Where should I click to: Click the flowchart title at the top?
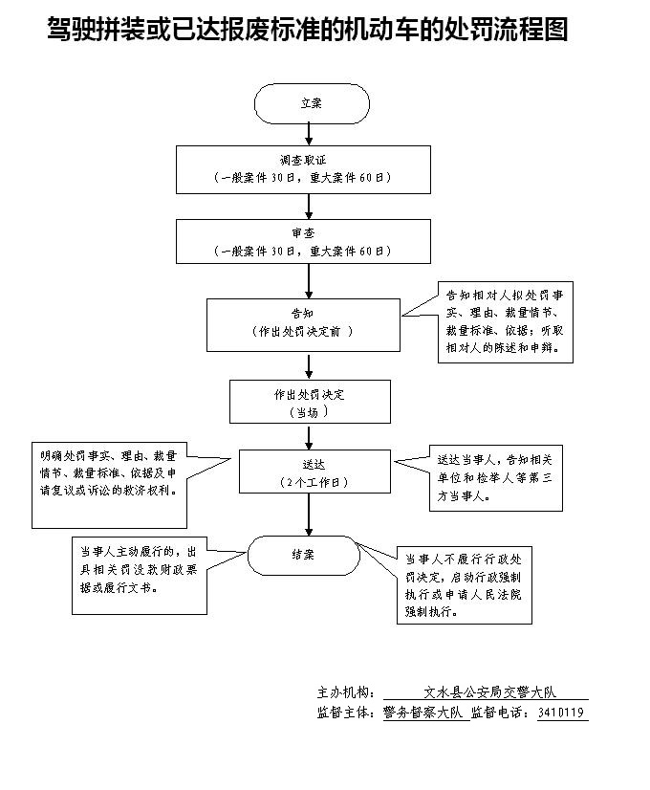click(x=307, y=31)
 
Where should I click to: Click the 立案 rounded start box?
click(x=311, y=104)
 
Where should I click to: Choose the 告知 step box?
click(x=303, y=323)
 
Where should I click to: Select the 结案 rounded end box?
click(x=303, y=555)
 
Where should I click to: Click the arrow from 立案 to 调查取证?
click(x=309, y=134)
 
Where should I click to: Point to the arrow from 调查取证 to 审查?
click(x=309, y=206)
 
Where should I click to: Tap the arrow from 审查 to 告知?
click(x=309, y=281)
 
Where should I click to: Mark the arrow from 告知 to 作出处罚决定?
click(x=309, y=365)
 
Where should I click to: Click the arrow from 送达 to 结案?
click(x=309, y=516)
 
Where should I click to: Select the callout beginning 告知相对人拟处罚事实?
click(x=507, y=322)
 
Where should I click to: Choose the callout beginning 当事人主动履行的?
click(x=140, y=574)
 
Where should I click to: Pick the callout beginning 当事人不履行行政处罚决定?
click(x=465, y=585)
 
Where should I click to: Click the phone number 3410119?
click(x=562, y=713)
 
